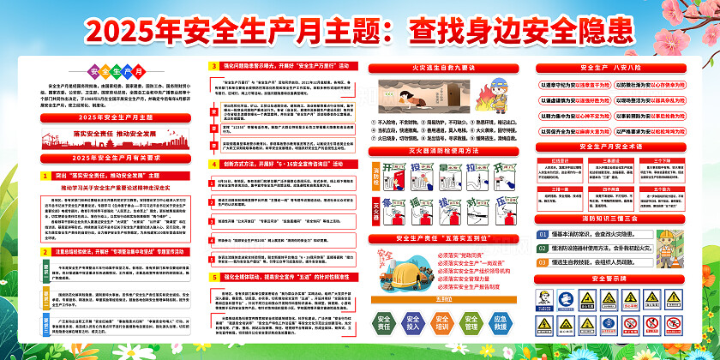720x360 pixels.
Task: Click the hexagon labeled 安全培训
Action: (441, 322)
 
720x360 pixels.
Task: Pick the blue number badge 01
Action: (543, 233)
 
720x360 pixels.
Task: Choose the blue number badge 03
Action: (543, 261)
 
